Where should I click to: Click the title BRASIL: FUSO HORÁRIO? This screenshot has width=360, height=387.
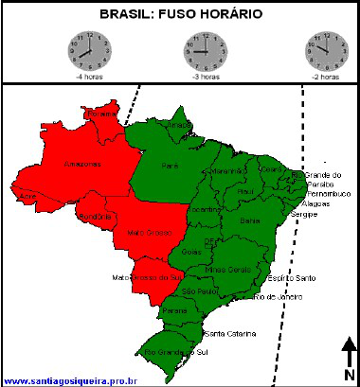pos(180,15)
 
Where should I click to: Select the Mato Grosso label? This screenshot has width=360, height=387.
pos(147,232)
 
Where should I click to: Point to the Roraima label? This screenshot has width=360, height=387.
pos(101,114)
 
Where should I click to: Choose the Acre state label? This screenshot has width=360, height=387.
pos(27,196)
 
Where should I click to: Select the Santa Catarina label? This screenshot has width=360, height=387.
pos(227,334)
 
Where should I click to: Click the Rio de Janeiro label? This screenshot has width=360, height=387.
pos(279,297)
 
